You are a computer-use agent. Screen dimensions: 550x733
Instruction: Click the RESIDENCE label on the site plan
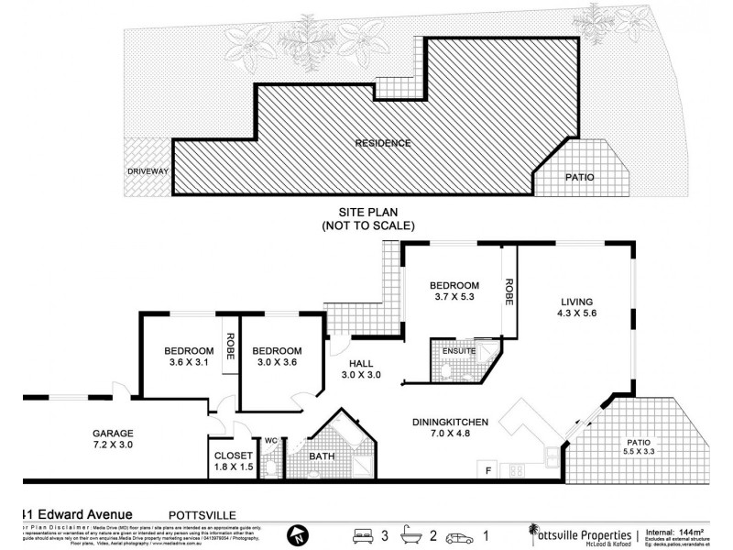[x=383, y=143]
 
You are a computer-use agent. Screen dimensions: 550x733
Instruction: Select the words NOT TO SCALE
[x=368, y=225]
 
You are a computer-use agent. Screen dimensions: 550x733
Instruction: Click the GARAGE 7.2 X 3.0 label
[x=112, y=439]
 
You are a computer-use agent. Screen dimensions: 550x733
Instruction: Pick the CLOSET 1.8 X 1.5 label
[x=233, y=460]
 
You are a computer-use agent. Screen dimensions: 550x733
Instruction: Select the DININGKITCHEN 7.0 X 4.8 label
[x=449, y=428]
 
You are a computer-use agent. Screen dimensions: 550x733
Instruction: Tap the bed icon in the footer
[x=364, y=533]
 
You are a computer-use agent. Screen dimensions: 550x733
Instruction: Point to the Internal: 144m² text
[x=673, y=531]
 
